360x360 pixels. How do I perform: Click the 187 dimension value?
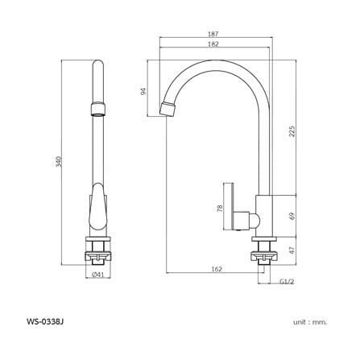click(x=213, y=34)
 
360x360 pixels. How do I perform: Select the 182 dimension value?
click(x=213, y=44)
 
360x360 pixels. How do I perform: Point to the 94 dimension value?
click(x=144, y=92)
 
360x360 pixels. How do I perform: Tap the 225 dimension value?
click(x=292, y=131)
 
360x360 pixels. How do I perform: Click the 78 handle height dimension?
click(x=220, y=209)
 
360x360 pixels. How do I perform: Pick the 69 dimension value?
click(x=292, y=216)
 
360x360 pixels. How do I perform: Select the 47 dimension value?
click(x=292, y=250)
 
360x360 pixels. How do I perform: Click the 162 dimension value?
click(x=217, y=269)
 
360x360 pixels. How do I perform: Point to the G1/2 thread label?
click(x=287, y=281)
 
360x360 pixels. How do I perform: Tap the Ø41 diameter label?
click(x=97, y=275)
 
